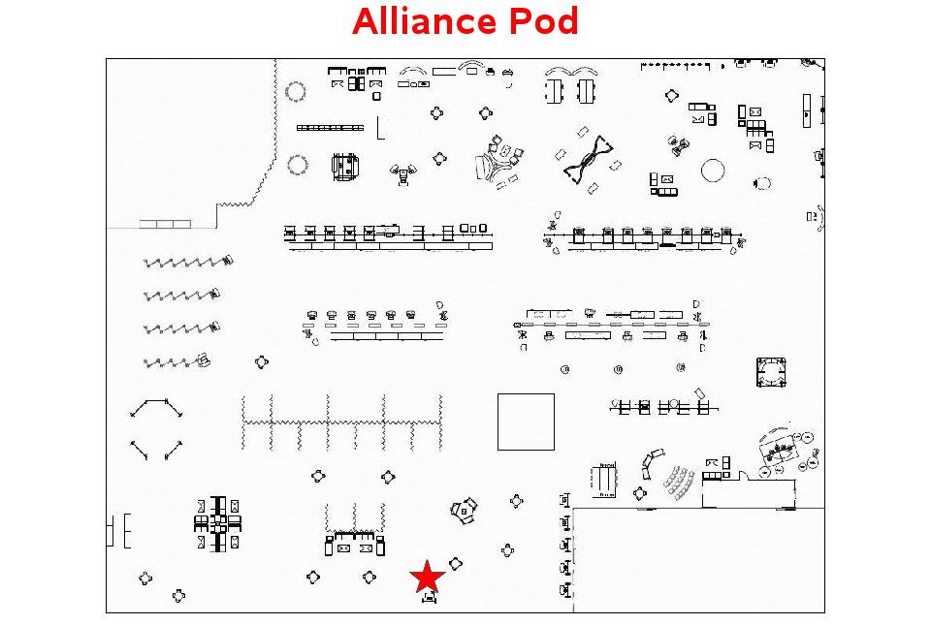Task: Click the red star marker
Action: pos(427,577)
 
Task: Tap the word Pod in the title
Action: pos(544,21)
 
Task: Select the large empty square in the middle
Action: pos(526,422)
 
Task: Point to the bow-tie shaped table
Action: pos(588,160)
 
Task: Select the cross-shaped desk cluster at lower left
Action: pos(218,524)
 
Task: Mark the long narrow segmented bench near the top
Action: pos(330,128)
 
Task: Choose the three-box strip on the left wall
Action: pos(165,224)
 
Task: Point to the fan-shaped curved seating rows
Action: pos(680,484)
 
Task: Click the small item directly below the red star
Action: pos(430,598)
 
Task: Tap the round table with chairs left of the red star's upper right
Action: pos(464,511)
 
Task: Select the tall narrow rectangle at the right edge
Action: pos(806,110)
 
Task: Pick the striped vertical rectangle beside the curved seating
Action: pos(605,480)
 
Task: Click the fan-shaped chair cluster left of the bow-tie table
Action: pos(498,162)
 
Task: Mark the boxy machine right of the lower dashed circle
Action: pos(345,168)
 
